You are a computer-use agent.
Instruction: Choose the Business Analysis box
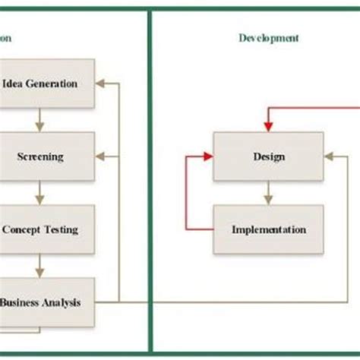point(49,302)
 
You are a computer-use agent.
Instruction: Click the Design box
point(268,157)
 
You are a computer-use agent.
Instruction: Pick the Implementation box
point(268,229)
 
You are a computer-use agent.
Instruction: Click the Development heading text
point(268,37)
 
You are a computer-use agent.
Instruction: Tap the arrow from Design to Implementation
point(268,194)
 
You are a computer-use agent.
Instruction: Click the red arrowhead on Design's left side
point(208,157)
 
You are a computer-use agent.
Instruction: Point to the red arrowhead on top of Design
point(268,129)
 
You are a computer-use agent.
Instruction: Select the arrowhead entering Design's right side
point(329,157)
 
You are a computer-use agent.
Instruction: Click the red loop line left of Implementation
point(186,194)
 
